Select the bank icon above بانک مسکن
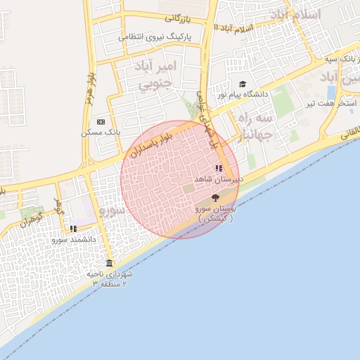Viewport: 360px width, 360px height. pos(101,122)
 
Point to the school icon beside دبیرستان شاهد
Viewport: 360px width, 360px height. pos(219,168)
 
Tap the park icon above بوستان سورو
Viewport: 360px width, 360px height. pos(214,198)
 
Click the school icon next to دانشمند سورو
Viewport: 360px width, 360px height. pos(73,229)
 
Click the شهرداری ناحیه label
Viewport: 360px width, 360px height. pos(109,274)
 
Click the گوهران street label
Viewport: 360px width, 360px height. pos(32,220)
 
